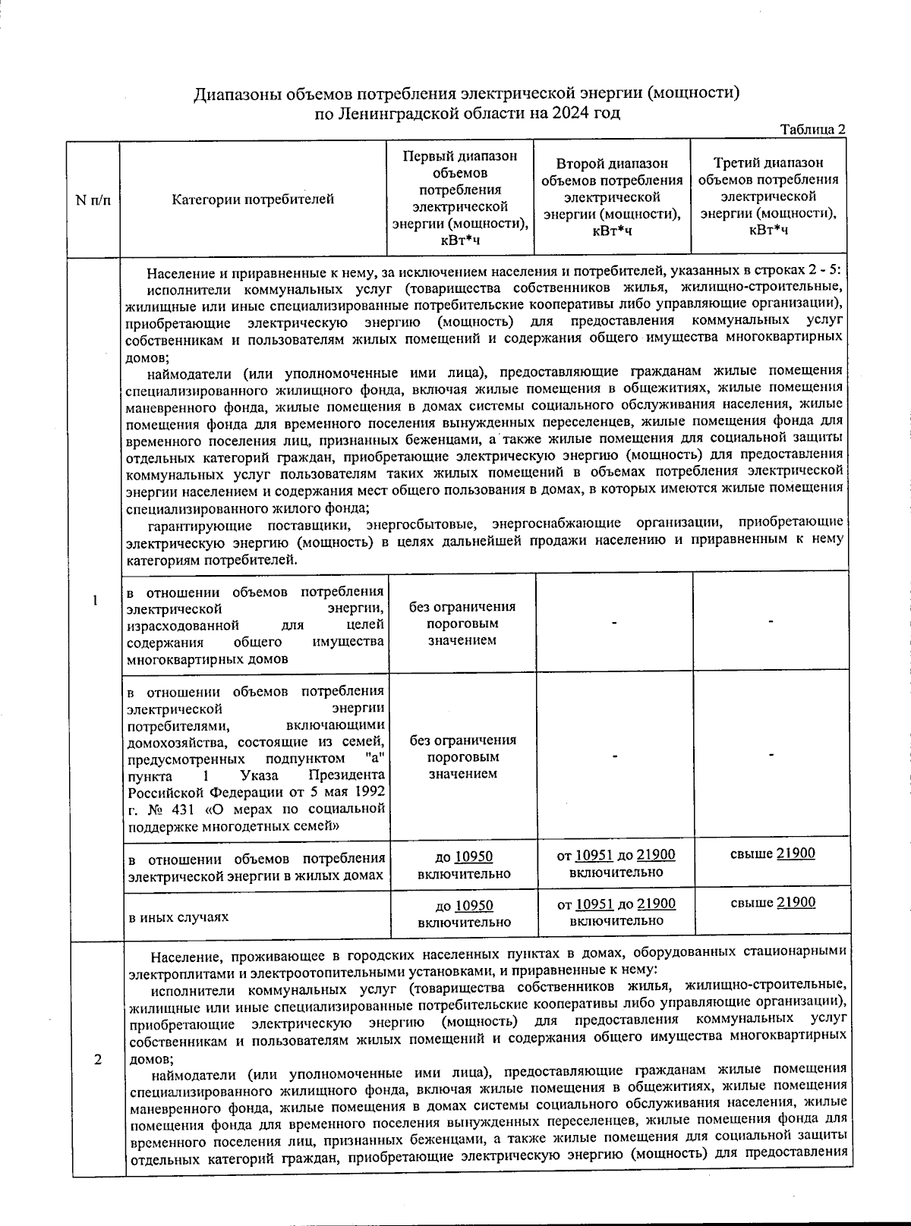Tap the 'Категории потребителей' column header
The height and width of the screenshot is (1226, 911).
coord(253,200)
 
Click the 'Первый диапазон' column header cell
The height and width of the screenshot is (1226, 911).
coord(460,198)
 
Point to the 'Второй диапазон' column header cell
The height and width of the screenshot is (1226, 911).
coord(612,198)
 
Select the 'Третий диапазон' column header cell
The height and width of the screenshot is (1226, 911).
coord(768,198)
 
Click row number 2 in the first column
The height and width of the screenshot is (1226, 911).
coord(98,1060)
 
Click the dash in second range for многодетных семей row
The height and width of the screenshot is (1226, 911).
coord(614,756)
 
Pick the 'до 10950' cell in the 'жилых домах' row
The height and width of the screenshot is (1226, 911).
coord(463,865)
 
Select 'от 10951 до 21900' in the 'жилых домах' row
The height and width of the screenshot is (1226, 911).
coord(616,863)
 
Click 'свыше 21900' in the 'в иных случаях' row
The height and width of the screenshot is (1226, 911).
coord(772,902)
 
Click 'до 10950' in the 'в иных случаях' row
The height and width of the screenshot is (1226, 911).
coord(463,913)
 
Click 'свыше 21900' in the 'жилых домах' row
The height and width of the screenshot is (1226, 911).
coord(772,853)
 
